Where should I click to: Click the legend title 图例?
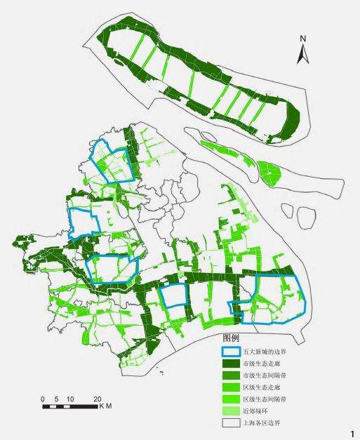point(231,338)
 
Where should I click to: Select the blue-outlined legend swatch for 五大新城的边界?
point(230,351)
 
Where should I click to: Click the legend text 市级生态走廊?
point(257,364)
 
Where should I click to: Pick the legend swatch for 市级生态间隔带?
point(230,375)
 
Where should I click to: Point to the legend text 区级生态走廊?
point(257,387)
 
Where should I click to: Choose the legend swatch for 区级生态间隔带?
point(230,399)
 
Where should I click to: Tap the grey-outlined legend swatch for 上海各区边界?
point(230,423)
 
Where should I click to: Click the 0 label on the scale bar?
point(43,399)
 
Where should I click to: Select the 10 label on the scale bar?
point(69,399)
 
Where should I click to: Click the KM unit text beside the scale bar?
point(105,406)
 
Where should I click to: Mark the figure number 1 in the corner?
point(353,434)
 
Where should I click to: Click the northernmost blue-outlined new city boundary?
point(112,160)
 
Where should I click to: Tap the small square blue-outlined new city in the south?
point(173,297)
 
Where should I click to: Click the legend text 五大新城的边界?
point(257,352)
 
